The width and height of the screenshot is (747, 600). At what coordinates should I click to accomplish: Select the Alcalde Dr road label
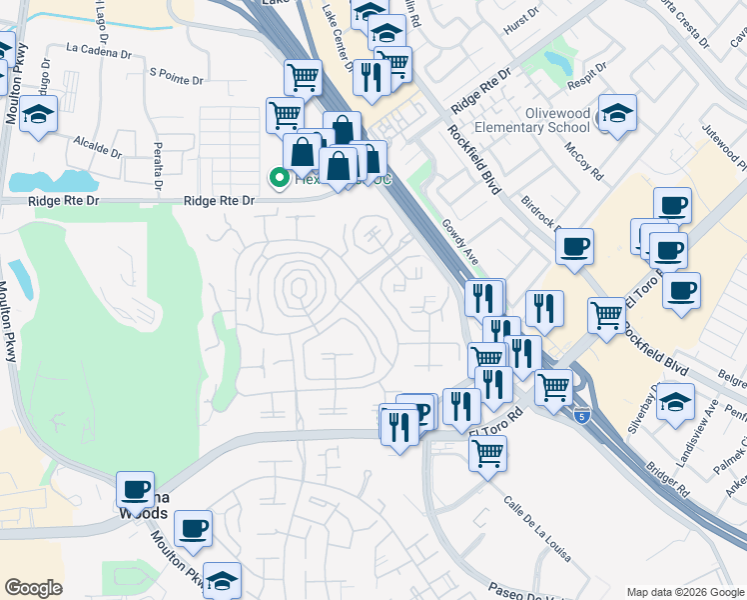point(96,148)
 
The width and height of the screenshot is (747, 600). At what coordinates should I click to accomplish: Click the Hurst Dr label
point(522,30)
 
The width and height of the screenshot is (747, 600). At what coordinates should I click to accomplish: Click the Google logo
point(33,588)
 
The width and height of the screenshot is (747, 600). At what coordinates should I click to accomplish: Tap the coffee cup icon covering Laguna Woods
point(135,490)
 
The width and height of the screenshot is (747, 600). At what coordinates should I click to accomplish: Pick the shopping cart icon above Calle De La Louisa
point(487,452)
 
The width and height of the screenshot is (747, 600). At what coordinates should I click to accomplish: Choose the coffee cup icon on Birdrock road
point(574,247)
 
